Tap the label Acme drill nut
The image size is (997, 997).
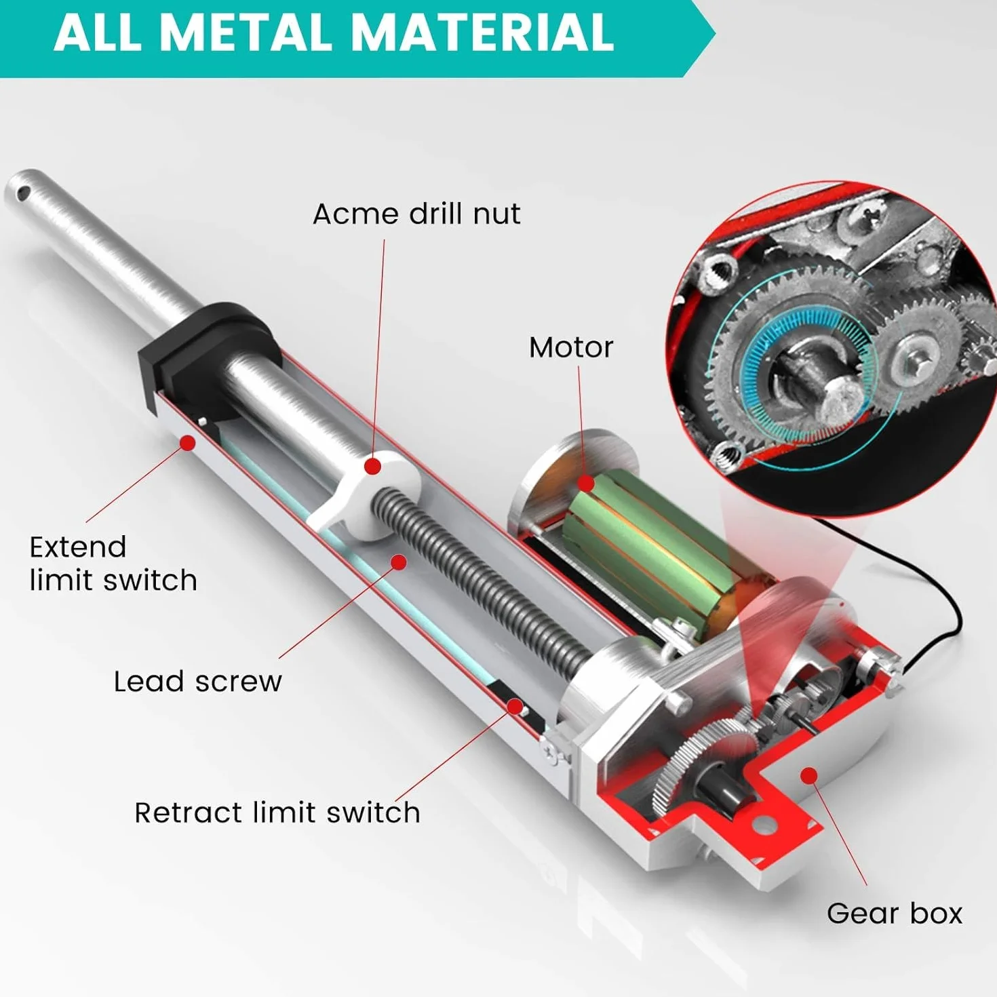416,214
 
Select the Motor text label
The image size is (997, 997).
570,347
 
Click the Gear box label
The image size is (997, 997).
895,913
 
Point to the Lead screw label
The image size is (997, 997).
197,682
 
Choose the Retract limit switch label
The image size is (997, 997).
277,813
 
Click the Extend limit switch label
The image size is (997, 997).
113,564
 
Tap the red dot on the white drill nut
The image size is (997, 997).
372,466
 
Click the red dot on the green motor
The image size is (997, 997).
586,483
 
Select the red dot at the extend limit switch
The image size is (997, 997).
188,443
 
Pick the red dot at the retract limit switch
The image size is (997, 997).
514,706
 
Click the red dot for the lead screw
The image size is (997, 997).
398,562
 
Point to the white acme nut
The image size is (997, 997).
362,494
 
